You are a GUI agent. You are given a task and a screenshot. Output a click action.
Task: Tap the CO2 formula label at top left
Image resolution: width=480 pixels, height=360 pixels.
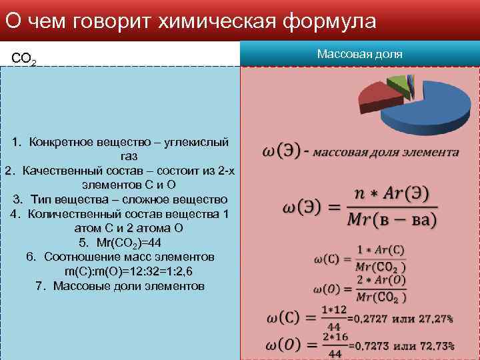click(24, 60)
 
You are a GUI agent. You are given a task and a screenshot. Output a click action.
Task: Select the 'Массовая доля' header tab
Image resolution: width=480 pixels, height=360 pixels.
click(359, 54)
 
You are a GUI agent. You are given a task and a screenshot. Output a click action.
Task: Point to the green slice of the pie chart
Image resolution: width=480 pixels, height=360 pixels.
click(399, 83)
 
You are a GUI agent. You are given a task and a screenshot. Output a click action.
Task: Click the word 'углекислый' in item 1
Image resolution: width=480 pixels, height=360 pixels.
click(197, 142)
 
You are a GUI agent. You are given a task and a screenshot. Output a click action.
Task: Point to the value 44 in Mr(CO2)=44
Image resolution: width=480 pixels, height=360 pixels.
click(155, 243)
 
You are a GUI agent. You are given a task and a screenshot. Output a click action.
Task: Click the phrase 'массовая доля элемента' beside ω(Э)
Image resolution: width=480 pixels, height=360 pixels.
click(386, 153)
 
